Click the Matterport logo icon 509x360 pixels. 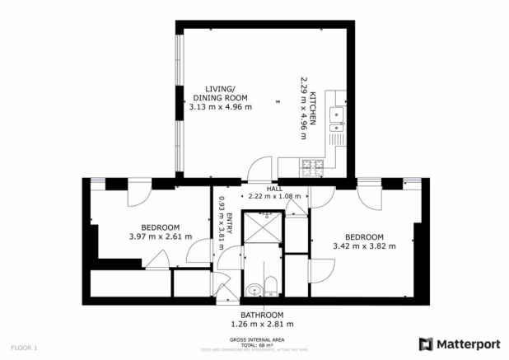[427, 343]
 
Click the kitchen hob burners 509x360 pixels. [314, 168]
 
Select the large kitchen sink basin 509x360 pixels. [336, 115]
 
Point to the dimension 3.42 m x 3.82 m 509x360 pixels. [364, 245]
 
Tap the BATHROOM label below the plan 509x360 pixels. [262, 316]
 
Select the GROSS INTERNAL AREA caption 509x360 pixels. [261, 339]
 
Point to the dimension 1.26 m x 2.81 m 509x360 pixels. [262, 325]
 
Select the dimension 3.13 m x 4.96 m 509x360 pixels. [220, 107]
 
